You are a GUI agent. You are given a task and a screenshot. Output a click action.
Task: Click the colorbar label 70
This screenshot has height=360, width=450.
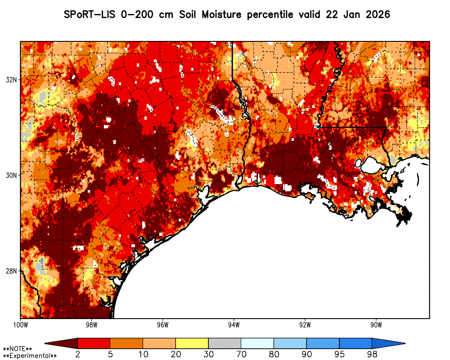241,355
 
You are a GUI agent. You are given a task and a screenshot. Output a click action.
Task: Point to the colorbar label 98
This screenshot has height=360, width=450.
372,355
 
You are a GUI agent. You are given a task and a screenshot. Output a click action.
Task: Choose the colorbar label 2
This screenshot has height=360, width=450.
78,355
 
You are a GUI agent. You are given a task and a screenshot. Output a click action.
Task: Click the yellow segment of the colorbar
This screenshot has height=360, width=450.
192,343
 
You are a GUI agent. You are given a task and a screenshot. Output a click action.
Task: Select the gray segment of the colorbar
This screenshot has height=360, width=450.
225,343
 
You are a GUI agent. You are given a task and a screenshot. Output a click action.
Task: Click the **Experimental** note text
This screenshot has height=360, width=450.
30,356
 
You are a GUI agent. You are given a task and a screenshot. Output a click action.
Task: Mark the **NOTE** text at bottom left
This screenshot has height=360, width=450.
18,349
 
